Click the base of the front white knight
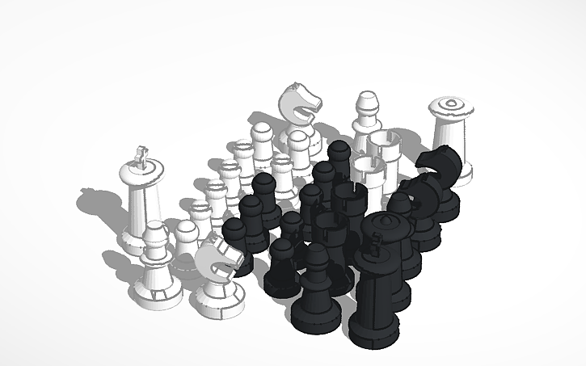[x=217, y=303]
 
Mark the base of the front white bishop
[x=156, y=293]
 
